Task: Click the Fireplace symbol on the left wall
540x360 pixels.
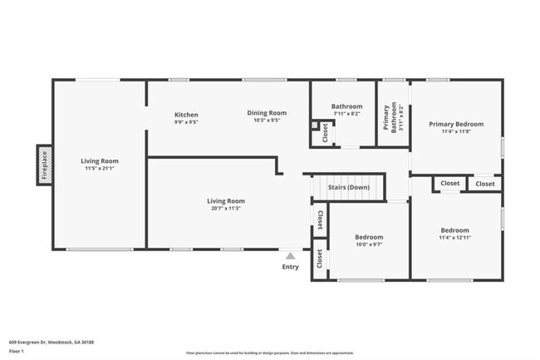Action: (45, 165)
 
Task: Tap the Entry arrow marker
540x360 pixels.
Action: (290, 257)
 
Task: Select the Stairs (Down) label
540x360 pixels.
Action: (348, 187)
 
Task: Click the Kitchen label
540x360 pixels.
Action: (186, 114)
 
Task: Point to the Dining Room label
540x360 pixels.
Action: (266, 113)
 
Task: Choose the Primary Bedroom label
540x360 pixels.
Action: (455, 124)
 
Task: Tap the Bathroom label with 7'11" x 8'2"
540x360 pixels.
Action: (346, 106)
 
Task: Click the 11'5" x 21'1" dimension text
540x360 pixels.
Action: (100, 169)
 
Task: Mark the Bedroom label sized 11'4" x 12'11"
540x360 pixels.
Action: (454, 230)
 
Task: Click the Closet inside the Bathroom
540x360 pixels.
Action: (325, 131)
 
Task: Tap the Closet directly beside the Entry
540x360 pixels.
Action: (319, 259)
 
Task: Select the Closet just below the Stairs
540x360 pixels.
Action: (319, 218)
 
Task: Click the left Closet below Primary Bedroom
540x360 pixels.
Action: (449, 183)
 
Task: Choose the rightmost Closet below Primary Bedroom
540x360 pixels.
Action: (484, 183)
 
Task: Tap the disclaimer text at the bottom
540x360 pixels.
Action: (269, 353)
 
